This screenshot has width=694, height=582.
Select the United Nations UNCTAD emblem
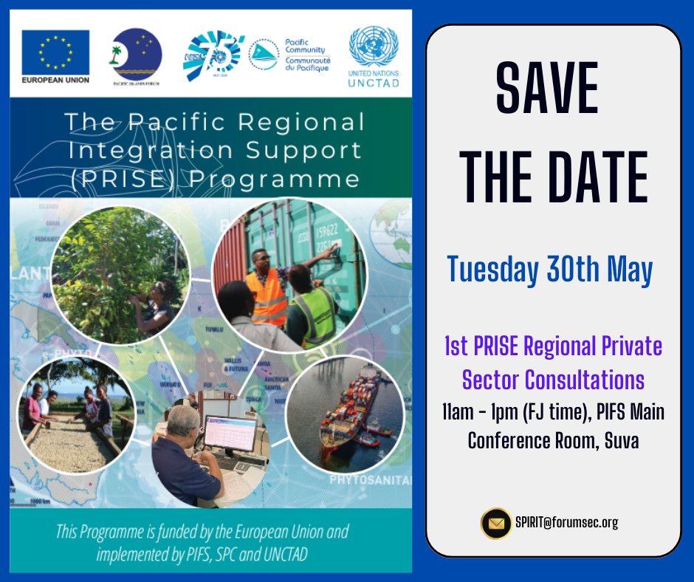[374, 48]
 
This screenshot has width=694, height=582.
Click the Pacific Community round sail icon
[264, 54]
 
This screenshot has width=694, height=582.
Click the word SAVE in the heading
[547, 89]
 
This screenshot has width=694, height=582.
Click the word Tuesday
[492, 271]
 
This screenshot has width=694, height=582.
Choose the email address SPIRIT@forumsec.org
[567, 523]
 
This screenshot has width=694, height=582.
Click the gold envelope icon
[496, 524]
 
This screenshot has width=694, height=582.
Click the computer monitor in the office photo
[230, 431]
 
